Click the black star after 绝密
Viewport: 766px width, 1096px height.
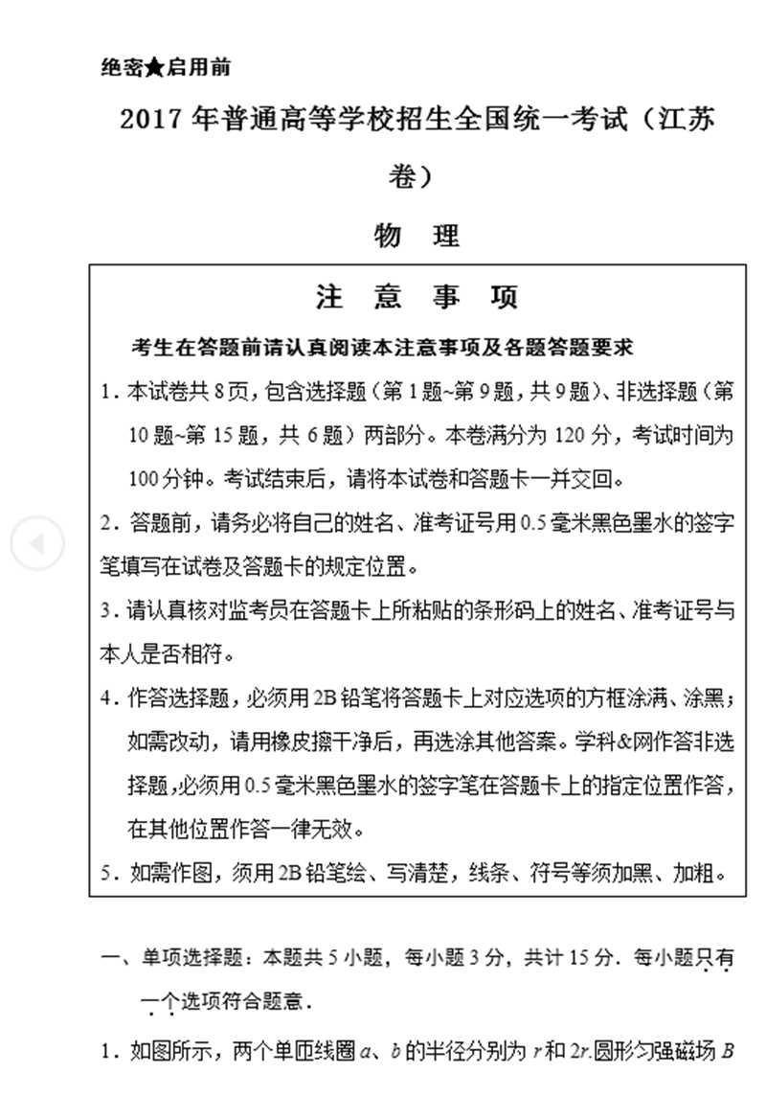pos(156,68)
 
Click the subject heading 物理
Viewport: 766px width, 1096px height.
pos(417,235)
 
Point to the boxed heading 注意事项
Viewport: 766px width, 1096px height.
pos(417,298)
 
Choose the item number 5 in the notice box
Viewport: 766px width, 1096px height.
pos(109,873)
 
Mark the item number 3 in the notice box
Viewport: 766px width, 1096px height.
pos(108,610)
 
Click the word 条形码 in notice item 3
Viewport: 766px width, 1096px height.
pos(517,610)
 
